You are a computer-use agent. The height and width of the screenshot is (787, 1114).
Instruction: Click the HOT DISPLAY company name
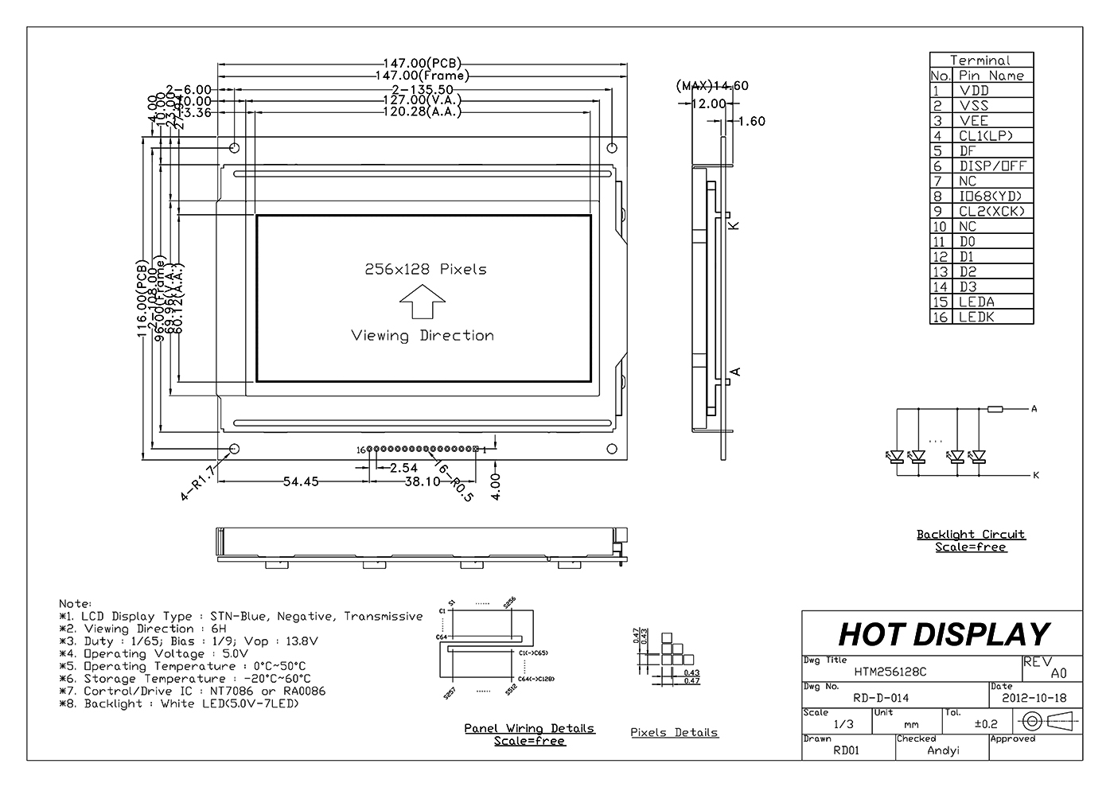(944, 634)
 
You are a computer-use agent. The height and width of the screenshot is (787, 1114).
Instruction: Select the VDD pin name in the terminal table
(974, 91)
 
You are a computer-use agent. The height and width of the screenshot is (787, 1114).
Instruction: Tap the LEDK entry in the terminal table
(976, 317)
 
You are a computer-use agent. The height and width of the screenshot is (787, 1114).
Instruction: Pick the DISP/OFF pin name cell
(992, 166)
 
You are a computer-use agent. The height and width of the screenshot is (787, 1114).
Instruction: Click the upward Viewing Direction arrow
(422, 305)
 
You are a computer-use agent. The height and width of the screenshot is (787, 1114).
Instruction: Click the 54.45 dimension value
(300, 481)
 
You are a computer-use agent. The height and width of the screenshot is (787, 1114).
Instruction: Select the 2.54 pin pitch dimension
(403, 468)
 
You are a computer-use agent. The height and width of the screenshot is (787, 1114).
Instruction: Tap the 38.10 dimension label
(423, 481)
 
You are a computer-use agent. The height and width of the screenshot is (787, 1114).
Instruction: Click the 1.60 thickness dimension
(752, 122)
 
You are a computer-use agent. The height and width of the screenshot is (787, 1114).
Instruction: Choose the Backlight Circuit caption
(971, 535)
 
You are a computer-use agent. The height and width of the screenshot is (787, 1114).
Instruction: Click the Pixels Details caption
(674, 732)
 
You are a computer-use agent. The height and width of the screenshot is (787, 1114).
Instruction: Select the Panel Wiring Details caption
(529, 728)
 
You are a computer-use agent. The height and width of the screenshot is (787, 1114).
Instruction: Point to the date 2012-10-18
(1034, 698)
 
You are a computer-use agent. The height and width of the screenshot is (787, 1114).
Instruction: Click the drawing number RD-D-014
(881, 698)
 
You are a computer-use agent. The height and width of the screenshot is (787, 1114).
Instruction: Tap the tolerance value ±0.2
(986, 723)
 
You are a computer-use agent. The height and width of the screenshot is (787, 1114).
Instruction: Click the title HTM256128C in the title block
(890, 672)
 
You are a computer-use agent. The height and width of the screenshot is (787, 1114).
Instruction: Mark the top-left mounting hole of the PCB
(235, 148)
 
